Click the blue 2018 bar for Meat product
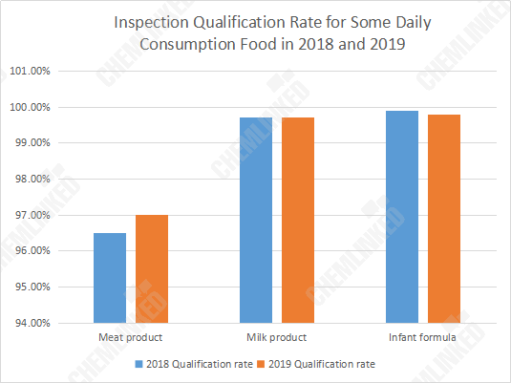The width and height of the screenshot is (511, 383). click(110, 278)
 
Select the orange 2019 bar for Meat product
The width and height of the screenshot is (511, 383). click(152, 269)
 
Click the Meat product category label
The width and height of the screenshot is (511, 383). click(130, 338)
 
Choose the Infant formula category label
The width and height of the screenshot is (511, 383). click(422, 338)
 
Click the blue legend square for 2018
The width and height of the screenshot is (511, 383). click(138, 364)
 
